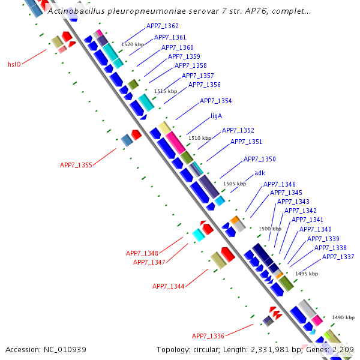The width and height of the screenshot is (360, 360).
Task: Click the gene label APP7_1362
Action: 162,26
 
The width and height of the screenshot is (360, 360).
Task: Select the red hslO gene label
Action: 14,64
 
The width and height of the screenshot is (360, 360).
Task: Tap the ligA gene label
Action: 217,116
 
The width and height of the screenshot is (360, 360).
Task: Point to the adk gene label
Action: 260,173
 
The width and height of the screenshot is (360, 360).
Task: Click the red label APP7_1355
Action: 76,165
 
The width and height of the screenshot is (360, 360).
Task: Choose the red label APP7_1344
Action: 168,287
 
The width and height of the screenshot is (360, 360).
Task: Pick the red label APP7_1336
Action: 208,336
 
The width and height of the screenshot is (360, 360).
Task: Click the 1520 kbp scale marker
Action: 133,44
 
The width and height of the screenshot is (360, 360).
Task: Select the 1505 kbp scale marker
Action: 235,184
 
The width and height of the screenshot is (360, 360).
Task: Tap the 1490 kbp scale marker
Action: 343,317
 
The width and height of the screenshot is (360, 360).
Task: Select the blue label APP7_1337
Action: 338,257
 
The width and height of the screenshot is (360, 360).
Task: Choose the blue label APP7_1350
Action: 259,159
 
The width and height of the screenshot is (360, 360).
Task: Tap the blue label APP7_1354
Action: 215,101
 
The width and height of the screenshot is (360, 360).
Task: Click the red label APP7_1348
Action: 142,253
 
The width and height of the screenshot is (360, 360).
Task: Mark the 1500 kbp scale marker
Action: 269,229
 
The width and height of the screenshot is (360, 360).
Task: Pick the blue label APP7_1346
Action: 280,184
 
